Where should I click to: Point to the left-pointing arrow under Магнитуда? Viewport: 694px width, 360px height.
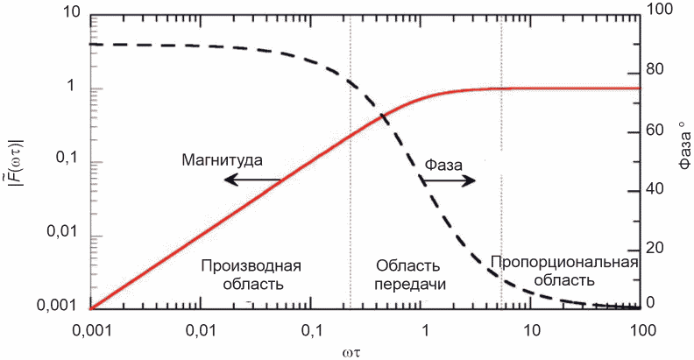(x=250, y=180)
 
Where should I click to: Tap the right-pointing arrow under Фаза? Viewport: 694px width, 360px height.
(x=447, y=180)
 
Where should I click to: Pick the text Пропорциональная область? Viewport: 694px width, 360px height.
(x=563, y=272)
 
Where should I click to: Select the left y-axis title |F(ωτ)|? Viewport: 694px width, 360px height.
(x=15, y=160)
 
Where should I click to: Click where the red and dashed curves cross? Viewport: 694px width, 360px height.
(x=383, y=116)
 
